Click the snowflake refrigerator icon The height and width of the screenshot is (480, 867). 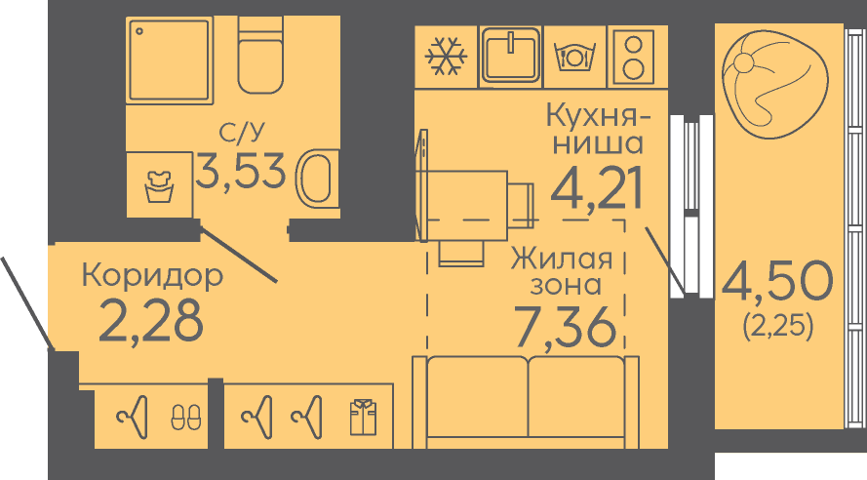click(x=446, y=57)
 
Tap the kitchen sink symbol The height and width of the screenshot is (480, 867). click(x=510, y=56)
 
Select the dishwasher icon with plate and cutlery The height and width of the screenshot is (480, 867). click(x=574, y=57)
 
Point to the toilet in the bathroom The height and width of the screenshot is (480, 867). click(x=260, y=55)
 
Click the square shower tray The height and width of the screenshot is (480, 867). click(x=170, y=60)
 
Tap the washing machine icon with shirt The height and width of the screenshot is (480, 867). click(x=159, y=186)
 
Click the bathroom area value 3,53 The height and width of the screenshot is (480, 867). click(x=241, y=171)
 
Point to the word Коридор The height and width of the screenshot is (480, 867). click(x=152, y=275)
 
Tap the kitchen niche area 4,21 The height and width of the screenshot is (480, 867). click(x=597, y=187)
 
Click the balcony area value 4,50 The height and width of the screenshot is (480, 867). click(x=777, y=282)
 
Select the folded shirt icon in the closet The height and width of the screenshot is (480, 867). click(x=363, y=417)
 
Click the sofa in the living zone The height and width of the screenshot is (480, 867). click(x=526, y=402)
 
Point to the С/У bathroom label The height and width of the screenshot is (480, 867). click(x=242, y=132)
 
